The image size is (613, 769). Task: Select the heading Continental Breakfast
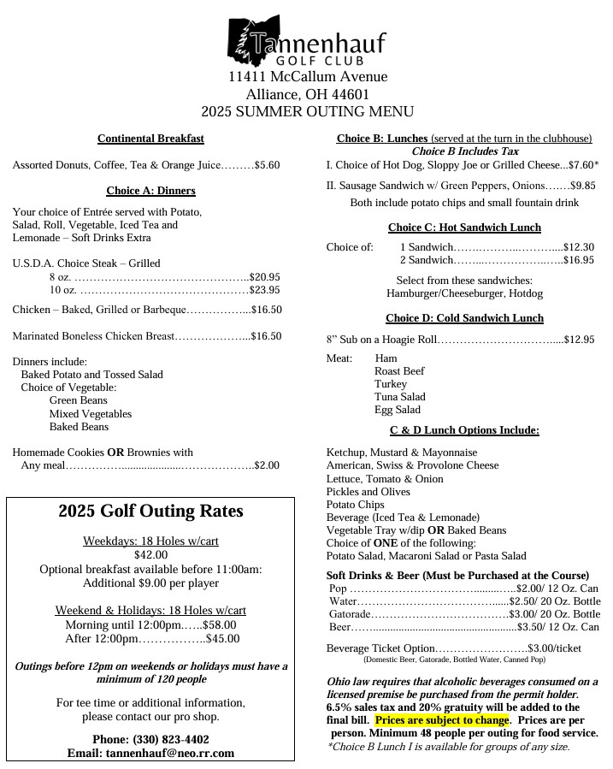tap(150, 139)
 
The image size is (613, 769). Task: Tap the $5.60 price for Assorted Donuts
tap(268, 164)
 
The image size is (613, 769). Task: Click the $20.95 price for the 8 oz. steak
tap(265, 277)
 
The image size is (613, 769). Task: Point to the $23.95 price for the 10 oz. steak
tap(265, 290)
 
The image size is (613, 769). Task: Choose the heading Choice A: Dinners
tap(150, 190)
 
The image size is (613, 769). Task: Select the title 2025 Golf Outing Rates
tap(150, 512)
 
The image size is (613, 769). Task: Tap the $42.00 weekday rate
tap(150, 554)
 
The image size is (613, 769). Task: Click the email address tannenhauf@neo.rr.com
tap(150, 753)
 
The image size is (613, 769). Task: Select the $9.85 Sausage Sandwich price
tap(583, 185)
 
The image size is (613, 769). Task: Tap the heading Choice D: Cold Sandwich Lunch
tap(464, 318)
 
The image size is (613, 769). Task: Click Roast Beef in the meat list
tap(398, 371)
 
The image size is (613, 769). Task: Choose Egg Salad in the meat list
tap(397, 410)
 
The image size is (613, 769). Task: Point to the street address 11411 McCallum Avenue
tap(307, 77)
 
